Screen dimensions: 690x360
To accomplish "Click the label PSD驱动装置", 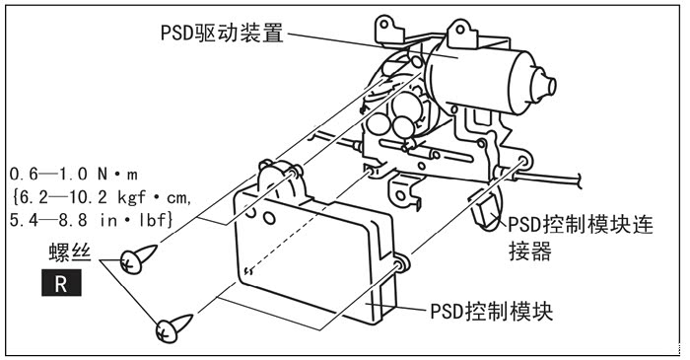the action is tap(222, 33).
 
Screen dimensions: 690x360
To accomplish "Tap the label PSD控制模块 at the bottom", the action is tap(491, 312).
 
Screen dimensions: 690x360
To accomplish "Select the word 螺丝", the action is tap(70, 252).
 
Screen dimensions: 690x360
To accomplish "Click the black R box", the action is tap(61, 283).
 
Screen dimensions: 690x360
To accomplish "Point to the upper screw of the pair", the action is tap(138, 258).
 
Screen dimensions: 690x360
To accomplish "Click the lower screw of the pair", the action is tap(173, 327).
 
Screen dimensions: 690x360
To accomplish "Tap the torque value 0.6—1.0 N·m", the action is tap(74, 175).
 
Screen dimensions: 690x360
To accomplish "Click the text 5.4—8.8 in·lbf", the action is tap(91, 221).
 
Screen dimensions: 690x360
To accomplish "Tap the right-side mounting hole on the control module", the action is tap(401, 264).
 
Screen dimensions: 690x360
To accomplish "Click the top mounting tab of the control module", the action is tap(278, 177).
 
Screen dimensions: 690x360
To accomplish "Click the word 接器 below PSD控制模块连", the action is tap(530, 252).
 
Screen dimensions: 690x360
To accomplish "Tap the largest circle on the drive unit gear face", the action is tap(406, 108).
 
